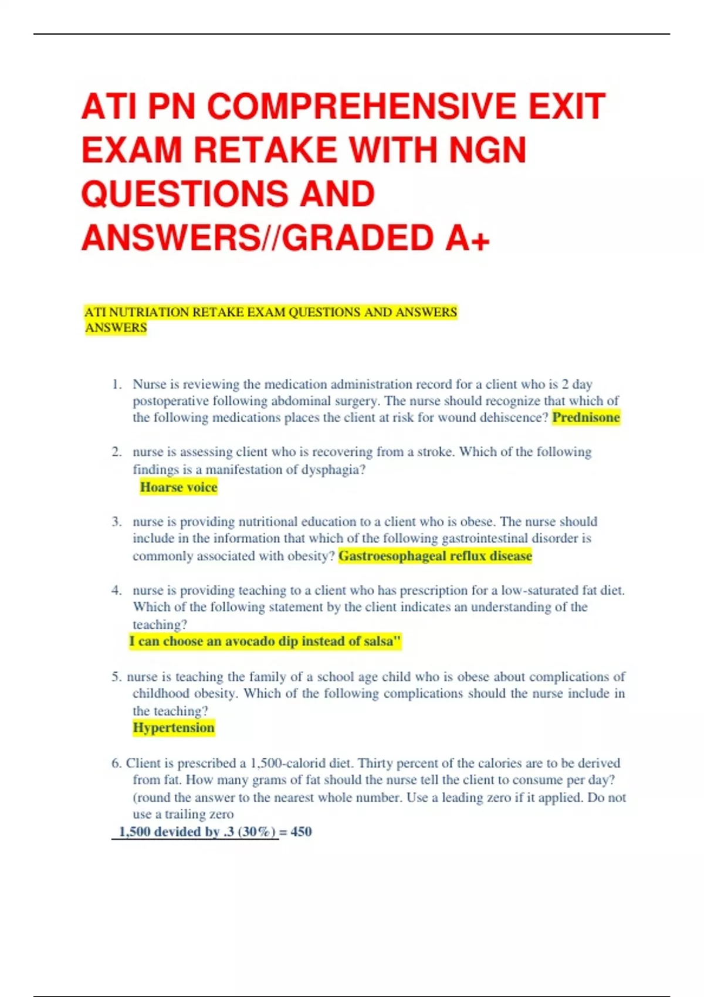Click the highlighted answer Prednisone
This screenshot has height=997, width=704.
(x=586, y=418)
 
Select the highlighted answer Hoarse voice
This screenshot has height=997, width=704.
(x=178, y=487)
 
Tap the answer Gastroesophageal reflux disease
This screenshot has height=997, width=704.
(x=435, y=556)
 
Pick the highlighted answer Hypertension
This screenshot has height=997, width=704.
(x=174, y=728)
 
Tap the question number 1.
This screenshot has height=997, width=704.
(x=116, y=385)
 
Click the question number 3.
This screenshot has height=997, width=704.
(x=116, y=522)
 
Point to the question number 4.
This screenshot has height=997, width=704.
(x=116, y=591)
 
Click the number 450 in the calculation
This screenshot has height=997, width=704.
(x=301, y=832)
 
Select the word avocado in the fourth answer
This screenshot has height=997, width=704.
(x=249, y=642)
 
